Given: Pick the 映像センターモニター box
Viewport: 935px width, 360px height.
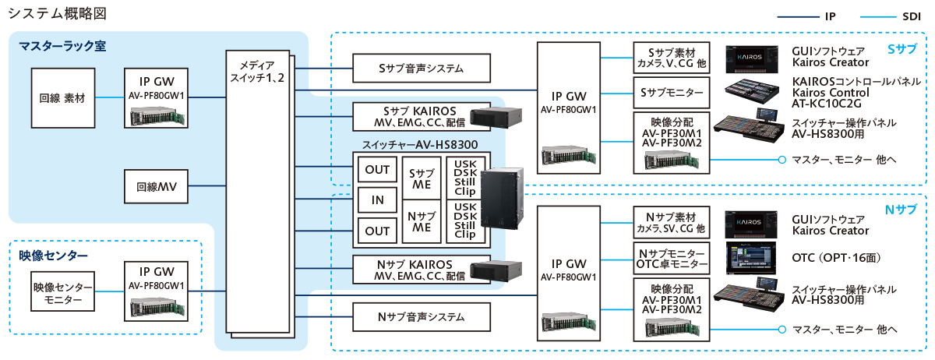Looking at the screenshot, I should point(62,292).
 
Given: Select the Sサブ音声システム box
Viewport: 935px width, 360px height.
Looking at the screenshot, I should point(422,69).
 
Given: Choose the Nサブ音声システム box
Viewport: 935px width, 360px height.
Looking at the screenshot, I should point(422,316).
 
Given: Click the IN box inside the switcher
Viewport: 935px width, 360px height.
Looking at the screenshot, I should point(377,199).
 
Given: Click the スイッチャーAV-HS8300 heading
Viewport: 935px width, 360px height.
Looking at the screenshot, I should point(420,145).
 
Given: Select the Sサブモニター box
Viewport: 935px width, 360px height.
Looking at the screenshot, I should point(671,93).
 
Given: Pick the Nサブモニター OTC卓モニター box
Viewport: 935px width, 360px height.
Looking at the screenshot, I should point(671,259).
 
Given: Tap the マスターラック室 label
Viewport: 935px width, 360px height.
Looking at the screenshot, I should point(62,47).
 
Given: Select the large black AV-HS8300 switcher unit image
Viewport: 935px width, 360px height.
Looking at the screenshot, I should point(503,199).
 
